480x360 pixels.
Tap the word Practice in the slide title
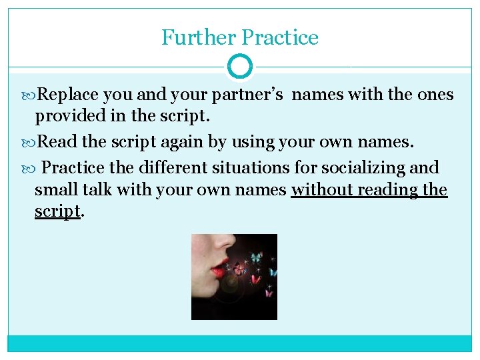pyautogui.click(x=280, y=37)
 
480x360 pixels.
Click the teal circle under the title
pyautogui.click(x=240, y=67)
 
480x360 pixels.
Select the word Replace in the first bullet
pyautogui.click(x=65, y=95)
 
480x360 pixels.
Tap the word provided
pyautogui.click(x=65, y=116)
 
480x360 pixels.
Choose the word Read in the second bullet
pyautogui.click(x=53, y=142)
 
